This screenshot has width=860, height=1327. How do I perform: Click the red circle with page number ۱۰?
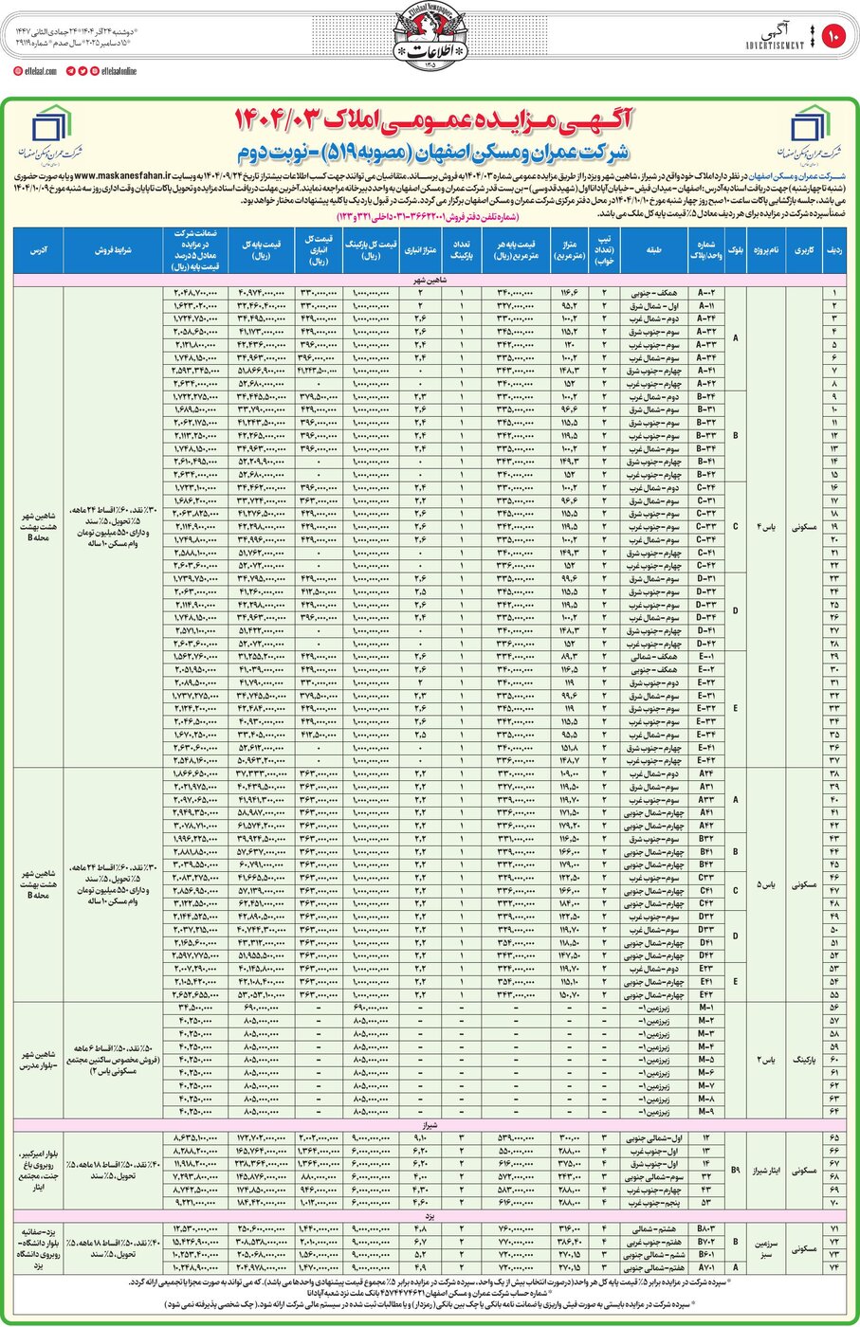[833, 37]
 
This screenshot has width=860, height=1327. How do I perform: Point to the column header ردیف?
[833, 251]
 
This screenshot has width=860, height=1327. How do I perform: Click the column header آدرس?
[38, 251]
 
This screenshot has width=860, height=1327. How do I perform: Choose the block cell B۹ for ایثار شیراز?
[736, 1170]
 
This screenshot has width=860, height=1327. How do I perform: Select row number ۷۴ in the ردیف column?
[833, 1266]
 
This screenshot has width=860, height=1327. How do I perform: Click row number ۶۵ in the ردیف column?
[833, 1136]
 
